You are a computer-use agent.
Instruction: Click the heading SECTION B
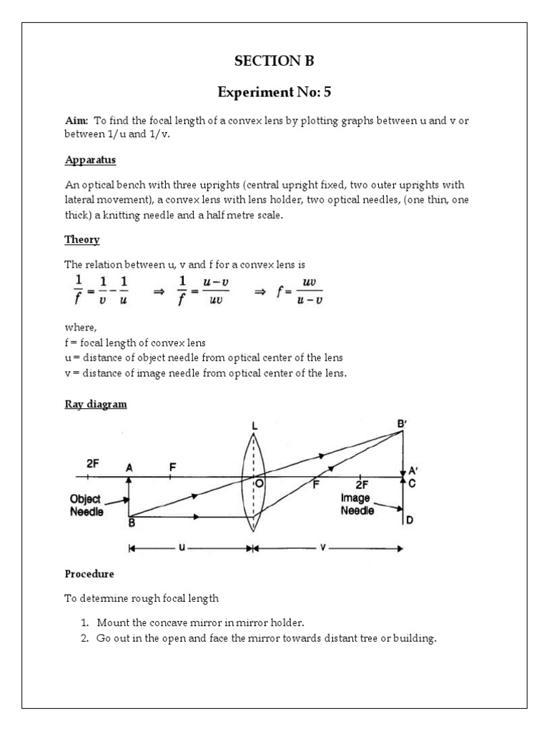point(274,61)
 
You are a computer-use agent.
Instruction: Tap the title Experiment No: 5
point(274,91)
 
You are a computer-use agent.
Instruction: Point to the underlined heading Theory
point(82,240)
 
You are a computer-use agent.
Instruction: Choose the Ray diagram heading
point(96,404)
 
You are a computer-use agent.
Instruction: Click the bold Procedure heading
point(89,573)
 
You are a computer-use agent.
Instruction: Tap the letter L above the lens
point(254,426)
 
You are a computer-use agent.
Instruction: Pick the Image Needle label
point(357,505)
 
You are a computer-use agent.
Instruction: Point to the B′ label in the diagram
point(404,423)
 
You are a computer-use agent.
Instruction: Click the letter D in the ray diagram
point(410,520)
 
